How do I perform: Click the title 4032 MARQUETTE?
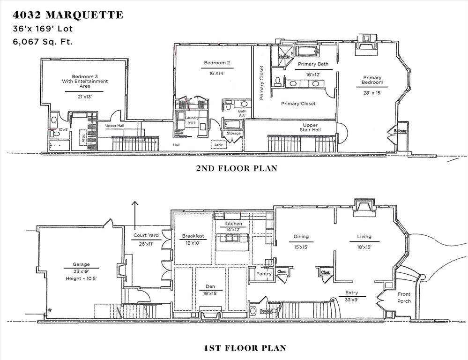coord(68,15)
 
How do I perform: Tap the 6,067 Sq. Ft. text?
coord(43,42)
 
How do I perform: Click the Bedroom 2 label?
coord(217,63)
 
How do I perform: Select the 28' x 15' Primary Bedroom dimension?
coord(372,93)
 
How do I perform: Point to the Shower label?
coord(284,56)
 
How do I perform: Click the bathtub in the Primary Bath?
coord(307,51)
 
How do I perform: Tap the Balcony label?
coord(400,131)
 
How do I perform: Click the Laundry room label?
coord(192,118)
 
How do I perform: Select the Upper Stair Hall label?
coord(310,127)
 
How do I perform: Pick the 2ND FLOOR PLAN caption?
coord(237,168)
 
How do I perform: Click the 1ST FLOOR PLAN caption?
coord(245,348)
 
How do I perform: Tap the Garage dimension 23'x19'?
coord(81,271)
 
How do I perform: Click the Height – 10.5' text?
coord(81,278)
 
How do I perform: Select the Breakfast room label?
coord(193,236)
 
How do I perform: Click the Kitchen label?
coord(233,224)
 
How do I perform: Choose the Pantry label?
coord(264,274)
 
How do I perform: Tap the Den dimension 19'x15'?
coord(210,293)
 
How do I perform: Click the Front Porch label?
coord(404,298)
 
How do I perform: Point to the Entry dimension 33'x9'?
coord(352,300)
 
